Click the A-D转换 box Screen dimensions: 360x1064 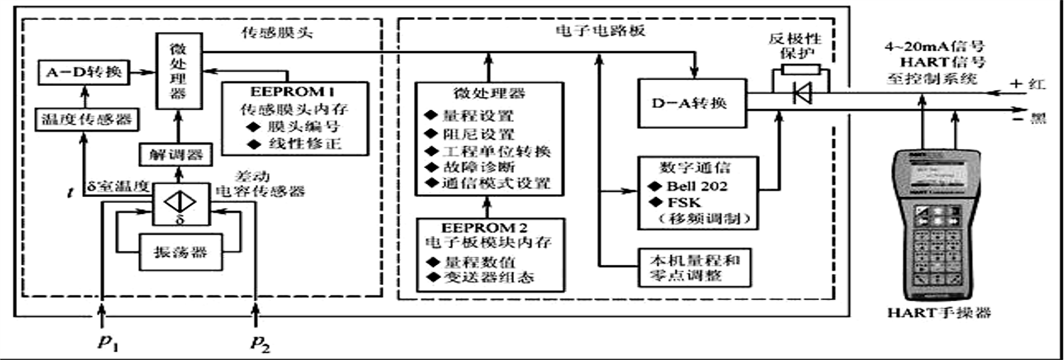83,72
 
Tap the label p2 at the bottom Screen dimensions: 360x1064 260,343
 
